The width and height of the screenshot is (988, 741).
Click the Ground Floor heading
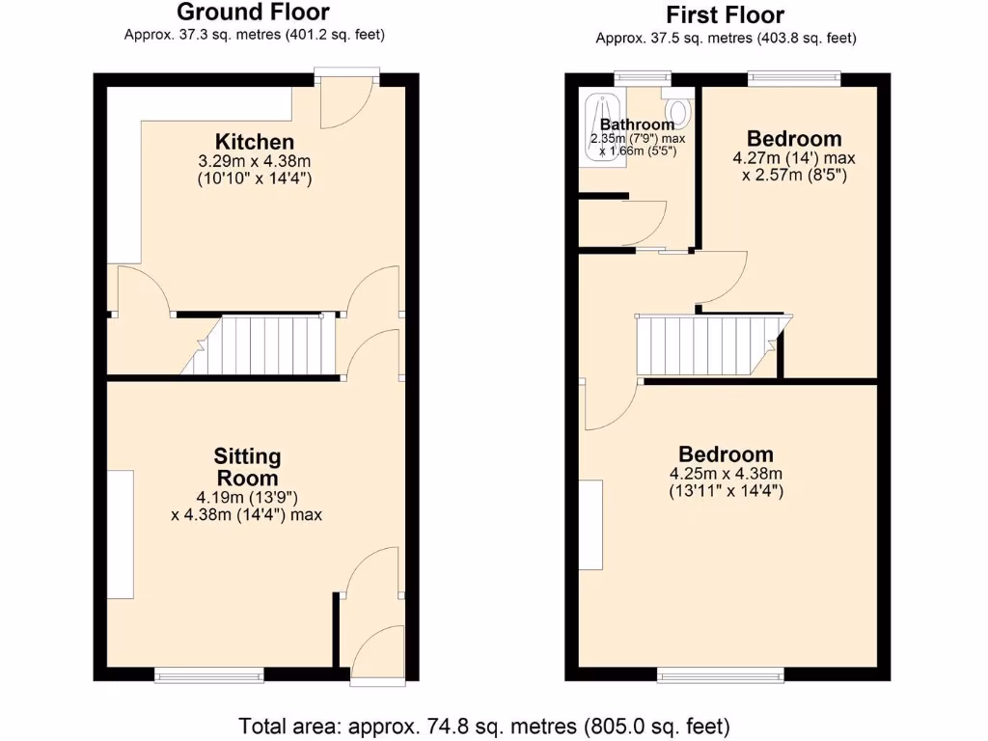[x=254, y=13]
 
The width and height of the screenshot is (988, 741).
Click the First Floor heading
[x=725, y=14]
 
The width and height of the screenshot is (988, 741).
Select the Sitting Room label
[x=246, y=467]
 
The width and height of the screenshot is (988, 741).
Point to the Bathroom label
[x=637, y=124]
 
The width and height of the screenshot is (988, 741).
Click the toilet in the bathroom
[x=678, y=111]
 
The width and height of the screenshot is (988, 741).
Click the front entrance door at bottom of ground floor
[x=377, y=656]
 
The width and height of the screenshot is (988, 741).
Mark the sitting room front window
[x=209, y=674]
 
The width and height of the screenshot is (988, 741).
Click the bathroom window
[x=644, y=78]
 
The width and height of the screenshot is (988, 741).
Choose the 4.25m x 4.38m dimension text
[x=726, y=474]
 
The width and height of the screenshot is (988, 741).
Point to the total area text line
[x=483, y=725]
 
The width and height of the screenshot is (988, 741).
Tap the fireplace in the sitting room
[x=120, y=535]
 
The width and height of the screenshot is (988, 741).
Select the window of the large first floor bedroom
[x=721, y=673]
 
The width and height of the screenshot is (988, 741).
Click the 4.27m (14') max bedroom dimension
[x=794, y=157]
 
